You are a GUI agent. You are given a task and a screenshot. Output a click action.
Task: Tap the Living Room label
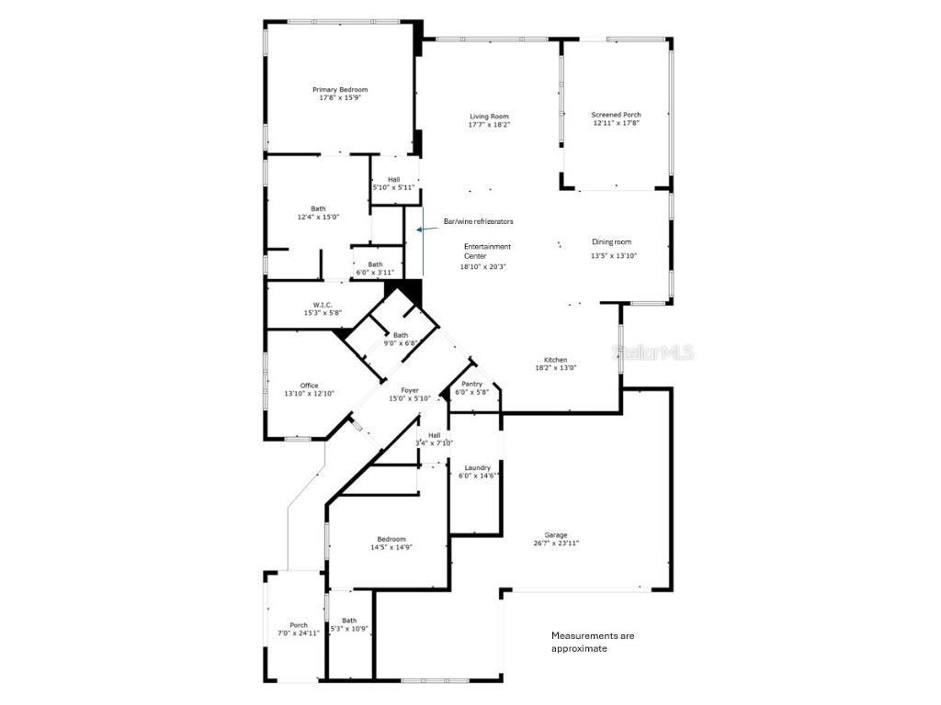tap(489, 120)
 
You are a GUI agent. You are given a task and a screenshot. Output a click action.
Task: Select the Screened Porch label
tap(616, 118)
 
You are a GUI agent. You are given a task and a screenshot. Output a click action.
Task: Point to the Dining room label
tap(613, 249)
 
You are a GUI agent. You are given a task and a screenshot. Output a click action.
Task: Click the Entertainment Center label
tap(487, 256)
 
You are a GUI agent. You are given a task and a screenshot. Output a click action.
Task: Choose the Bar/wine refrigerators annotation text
tap(478, 221)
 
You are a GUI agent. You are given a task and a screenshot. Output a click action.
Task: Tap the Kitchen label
tap(555, 364)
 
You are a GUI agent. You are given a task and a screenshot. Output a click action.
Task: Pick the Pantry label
tap(471, 388)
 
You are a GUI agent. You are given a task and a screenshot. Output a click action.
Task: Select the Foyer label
tap(409, 394)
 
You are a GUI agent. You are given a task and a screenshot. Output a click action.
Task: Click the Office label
tap(309, 389)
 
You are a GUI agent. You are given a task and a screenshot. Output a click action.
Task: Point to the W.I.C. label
tap(323, 309)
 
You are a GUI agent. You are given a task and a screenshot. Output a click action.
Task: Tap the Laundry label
tap(477, 471)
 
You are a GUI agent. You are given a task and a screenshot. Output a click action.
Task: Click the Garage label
tap(555, 539)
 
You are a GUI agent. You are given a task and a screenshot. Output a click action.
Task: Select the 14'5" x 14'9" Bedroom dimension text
tap(391, 548)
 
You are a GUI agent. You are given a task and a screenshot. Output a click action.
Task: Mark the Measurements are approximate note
tap(592, 642)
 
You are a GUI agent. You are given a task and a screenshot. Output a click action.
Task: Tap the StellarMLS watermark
tap(655, 352)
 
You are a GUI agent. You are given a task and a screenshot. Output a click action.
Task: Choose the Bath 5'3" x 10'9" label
tap(349, 624)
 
